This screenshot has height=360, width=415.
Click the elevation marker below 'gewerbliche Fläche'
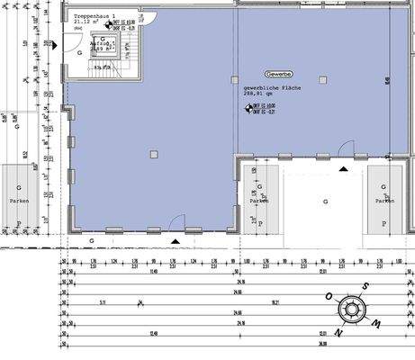coord(248,108)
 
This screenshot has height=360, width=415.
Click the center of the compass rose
coord(349,310)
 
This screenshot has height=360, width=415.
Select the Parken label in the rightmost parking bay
coord(384,202)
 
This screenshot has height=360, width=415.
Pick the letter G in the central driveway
coord(325,202)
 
